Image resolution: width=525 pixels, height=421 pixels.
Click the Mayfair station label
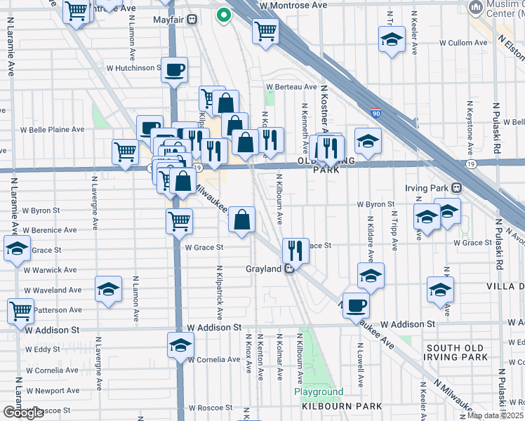168,20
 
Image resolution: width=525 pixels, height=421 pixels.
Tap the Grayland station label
263,269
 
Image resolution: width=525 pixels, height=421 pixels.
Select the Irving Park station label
427,188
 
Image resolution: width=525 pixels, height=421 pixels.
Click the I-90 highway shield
377,112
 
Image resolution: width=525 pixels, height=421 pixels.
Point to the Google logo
23,413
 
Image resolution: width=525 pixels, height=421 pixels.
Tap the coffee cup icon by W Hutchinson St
175,69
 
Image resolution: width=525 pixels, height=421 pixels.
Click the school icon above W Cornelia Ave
180,345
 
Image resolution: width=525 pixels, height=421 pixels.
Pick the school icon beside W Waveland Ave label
108,289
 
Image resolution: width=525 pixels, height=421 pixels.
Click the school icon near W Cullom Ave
392,39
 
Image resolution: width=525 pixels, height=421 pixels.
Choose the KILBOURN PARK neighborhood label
342,406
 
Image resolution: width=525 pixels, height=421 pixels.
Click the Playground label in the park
319,392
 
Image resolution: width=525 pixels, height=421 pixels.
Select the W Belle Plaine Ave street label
52,130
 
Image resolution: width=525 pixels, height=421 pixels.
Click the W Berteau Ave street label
291,87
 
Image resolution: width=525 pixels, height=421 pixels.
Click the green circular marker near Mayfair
223,14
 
